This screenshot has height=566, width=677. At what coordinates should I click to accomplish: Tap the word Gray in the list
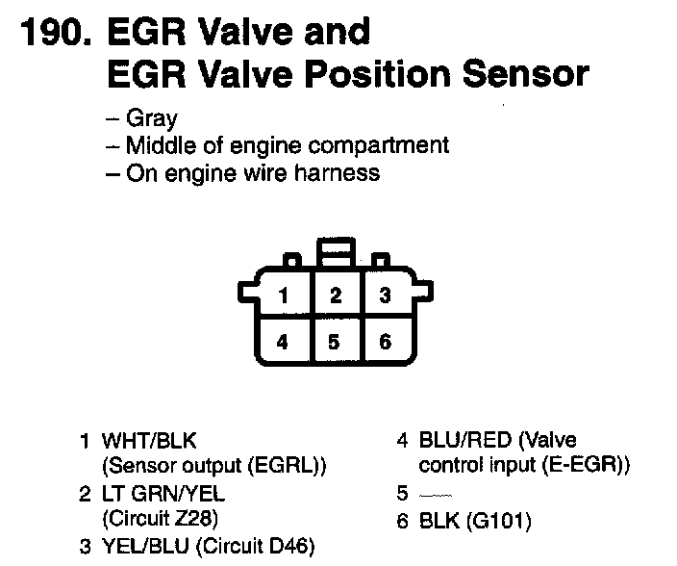[152, 119]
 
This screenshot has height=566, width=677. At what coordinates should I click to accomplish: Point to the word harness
[338, 173]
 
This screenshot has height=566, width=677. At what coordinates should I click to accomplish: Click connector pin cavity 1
[282, 296]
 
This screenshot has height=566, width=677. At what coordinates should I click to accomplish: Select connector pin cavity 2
[335, 296]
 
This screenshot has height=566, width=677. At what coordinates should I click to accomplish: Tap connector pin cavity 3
[385, 296]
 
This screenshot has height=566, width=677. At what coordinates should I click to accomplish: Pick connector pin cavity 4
[282, 342]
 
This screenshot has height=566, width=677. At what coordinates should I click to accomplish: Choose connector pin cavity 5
[334, 342]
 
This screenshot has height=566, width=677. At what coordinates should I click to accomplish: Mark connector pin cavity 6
[385, 342]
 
